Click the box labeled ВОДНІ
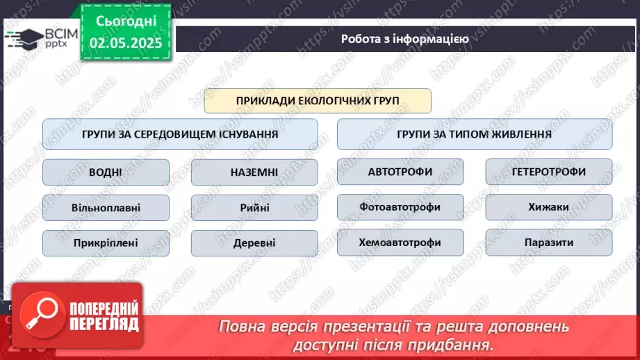(106, 172)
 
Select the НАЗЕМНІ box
(254, 172)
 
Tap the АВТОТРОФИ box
(400, 172)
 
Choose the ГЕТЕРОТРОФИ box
(548, 172)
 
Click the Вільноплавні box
(106, 207)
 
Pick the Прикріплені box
(106, 243)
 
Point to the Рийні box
(254, 207)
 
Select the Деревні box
(254, 243)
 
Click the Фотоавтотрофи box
(400, 206)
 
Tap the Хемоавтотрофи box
(400, 243)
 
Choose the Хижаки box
(548, 206)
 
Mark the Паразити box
(548, 243)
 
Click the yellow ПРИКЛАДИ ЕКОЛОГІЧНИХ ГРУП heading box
(318, 101)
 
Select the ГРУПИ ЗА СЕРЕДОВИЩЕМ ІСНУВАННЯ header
(180, 134)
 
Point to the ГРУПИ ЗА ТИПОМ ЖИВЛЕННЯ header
(475, 134)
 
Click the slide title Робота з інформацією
(404, 39)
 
